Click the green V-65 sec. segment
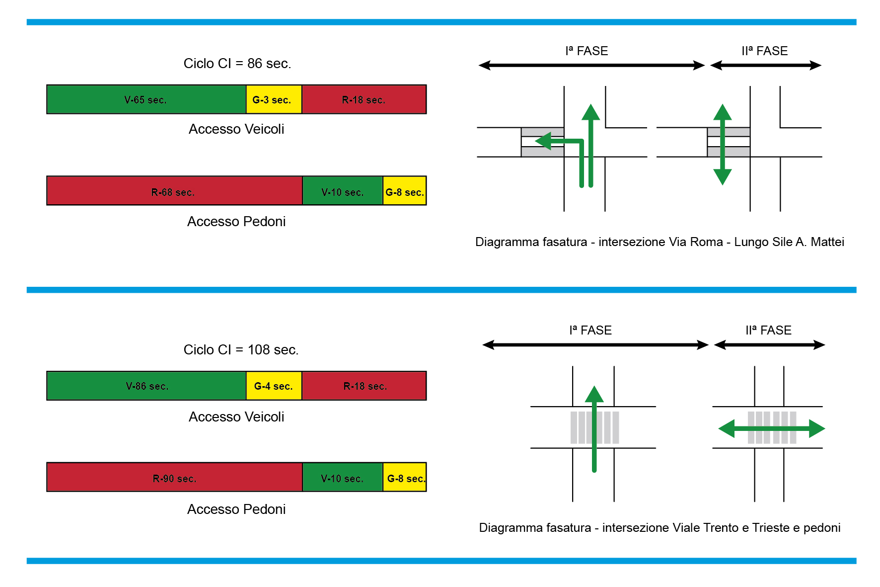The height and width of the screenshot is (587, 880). pos(146,99)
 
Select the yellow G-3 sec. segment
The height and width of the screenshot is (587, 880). pos(274,99)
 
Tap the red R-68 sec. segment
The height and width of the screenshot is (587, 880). pos(174,191)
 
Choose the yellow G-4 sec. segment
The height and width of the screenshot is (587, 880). pos(274,386)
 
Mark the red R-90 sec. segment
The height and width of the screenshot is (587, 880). pos(174,478)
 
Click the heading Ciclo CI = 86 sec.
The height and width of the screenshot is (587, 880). pos(237,64)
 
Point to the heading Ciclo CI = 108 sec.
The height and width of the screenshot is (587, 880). pos(241,350)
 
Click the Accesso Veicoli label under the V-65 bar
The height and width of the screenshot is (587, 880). pos(236,129)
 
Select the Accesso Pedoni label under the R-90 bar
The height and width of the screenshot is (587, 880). pos(236,509)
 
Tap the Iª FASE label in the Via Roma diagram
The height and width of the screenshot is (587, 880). pos(587,51)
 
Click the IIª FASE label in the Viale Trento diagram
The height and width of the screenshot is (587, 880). pos(768,331)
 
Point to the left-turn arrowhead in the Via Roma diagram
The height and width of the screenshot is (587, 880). pos(544,141)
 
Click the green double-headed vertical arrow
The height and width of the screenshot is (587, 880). pos(722,144)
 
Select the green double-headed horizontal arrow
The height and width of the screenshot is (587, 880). pos(771,428)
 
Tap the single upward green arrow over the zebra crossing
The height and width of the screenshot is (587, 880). pos(594,427)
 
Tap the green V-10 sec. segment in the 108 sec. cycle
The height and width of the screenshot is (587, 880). pos(342,478)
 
